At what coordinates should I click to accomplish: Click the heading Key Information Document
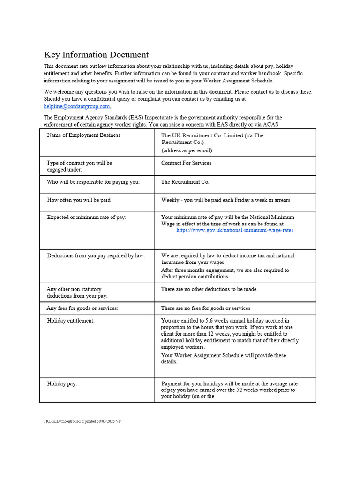96,55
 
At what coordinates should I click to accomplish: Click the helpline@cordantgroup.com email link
77,106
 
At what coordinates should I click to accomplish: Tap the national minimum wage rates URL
235,231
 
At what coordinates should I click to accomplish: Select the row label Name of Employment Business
83,135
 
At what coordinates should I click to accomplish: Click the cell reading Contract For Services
186,163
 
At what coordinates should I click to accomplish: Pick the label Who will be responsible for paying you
93,182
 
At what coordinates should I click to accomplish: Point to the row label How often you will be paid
79,200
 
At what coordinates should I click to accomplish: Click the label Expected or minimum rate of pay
86,217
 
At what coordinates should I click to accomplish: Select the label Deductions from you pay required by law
96,256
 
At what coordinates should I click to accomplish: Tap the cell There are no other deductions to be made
209,289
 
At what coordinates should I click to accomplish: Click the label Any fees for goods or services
82,308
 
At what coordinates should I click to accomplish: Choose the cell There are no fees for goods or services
205,308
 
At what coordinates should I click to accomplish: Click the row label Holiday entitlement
70,321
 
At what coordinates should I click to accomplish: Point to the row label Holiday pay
62,384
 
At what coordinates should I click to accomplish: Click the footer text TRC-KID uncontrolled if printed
82,421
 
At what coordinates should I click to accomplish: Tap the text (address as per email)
187,150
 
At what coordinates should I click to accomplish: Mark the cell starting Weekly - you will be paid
225,200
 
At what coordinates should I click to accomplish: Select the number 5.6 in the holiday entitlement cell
210,321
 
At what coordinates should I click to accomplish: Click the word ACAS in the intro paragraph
272,125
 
